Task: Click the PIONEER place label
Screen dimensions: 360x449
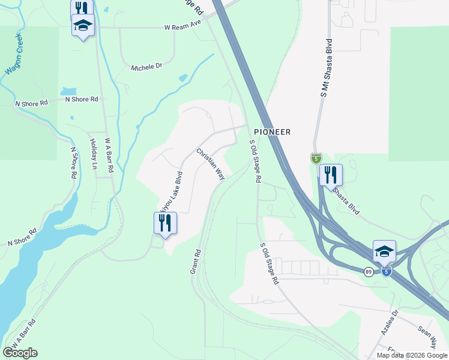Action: pos(272,132)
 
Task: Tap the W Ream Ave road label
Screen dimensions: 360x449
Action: pos(182,28)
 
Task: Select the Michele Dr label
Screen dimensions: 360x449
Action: pos(146,67)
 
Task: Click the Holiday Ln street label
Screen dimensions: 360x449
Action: pos(94,154)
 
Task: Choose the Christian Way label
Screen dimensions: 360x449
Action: pos(211,163)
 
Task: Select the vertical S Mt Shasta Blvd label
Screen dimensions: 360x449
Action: pos(327,68)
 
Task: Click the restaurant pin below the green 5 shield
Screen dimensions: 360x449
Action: pos(330,175)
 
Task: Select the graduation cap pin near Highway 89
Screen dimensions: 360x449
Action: pos(384,251)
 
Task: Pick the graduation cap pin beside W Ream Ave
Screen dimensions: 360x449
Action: pos(83,26)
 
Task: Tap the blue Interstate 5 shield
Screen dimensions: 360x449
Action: pos(387,272)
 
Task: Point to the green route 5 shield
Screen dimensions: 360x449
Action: pos(316,158)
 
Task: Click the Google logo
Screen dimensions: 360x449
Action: pos(20,353)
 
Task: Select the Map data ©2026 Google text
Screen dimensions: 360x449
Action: pos(412,355)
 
